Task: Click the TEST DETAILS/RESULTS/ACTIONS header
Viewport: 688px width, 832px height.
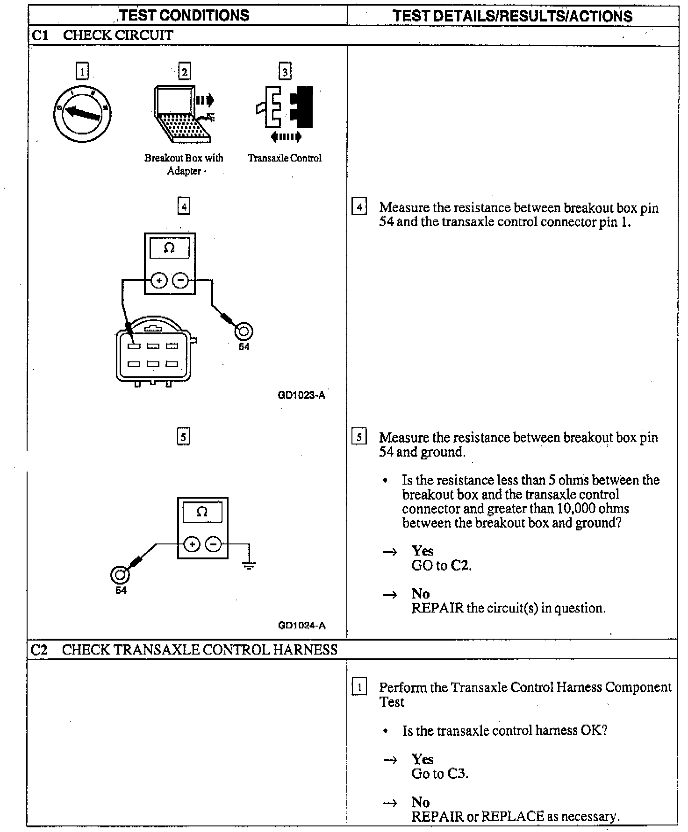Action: coord(512,16)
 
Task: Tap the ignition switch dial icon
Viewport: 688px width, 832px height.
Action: coord(82,113)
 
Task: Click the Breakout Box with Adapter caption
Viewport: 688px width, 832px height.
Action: coord(184,164)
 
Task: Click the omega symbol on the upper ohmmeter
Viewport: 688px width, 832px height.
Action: coord(169,248)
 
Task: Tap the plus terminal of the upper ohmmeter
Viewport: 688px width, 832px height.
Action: coord(159,281)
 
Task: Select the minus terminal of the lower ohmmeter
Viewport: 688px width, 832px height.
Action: coord(214,544)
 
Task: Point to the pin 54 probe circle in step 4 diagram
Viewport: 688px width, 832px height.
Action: coord(244,332)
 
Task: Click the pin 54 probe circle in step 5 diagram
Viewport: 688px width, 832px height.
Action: coord(120,575)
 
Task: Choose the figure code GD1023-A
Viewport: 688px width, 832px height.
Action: coord(301,395)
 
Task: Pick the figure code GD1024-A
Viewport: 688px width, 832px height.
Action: coord(302,625)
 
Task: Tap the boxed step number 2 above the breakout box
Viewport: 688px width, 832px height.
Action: coord(185,72)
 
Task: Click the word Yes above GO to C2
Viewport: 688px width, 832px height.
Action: coord(423,551)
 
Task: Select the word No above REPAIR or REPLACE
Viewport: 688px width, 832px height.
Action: coord(421,802)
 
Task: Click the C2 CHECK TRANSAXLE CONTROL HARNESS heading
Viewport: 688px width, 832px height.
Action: coord(184,649)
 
